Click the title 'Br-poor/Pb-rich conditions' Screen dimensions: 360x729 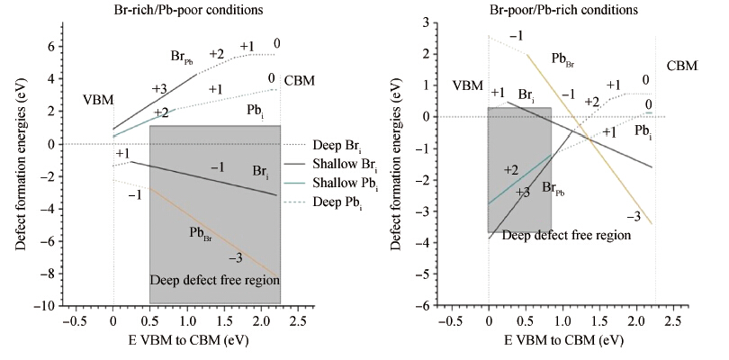pos(535,11)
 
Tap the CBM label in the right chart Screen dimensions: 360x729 pos(682,67)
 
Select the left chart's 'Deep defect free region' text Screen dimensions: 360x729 pos(215,280)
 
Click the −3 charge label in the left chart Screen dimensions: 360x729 pos(236,258)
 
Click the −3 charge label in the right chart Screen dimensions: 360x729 pos(632,217)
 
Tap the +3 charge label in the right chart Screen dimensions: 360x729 pos(522,192)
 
